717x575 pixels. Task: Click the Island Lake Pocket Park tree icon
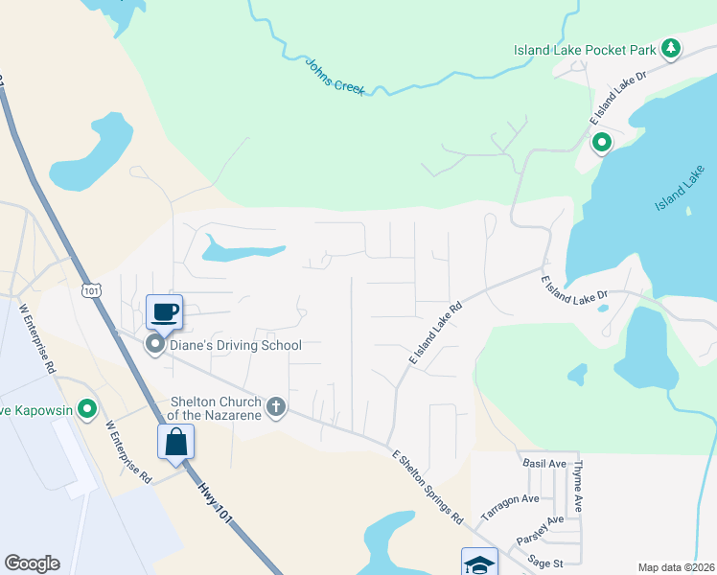pos(671,48)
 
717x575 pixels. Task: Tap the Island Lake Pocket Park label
pos(586,50)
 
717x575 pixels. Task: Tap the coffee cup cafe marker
pos(164,310)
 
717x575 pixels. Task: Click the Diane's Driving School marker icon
pos(153,345)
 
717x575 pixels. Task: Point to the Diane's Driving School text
pos(235,345)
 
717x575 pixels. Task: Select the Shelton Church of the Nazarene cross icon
pos(275,407)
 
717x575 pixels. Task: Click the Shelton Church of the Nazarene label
pos(215,407)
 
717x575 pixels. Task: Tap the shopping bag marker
pos(176,442)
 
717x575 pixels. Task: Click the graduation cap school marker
pos(479,563)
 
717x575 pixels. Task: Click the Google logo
pos(32,563)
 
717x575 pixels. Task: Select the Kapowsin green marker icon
pos(87,410)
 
